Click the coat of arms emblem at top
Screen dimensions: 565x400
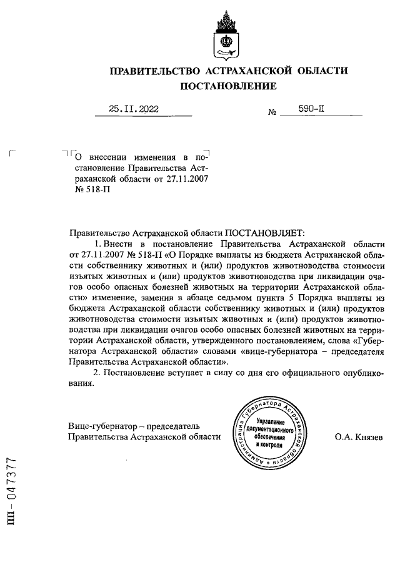click(x=227, y=34)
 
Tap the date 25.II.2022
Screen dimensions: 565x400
click(x=134, y=109)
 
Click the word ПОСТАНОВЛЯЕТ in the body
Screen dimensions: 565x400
click(x=264, y=232)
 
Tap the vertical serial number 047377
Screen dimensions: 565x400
click(x=11, y=486)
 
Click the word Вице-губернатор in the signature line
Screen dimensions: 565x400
click(x=102, y=426)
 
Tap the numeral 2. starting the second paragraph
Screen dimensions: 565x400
click(x=96, y=373)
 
